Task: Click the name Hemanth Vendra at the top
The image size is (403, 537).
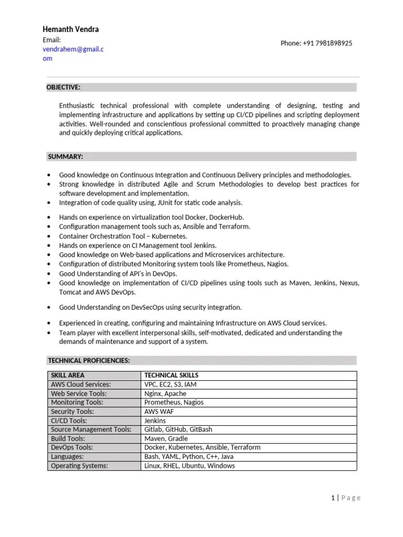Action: pyautogui.click(x=70, y=29)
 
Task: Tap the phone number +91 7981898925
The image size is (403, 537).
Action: pyautogui.click(x=316, y=43)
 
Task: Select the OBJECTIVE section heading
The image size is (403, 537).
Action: pyautogui.click(x=64, y=87)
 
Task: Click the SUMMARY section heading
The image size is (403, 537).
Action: pyautogui.click(x=66, y=156)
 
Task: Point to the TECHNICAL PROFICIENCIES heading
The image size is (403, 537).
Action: pyautogui.click(x=89, y=360)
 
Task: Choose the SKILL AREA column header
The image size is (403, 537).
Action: pyautogui.click(x=68, y=375)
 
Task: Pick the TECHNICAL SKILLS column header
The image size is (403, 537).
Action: pyautogui.click(x=171, y=375)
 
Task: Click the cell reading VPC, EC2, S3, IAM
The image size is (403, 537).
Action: pyautogui.click(x=171, y=384)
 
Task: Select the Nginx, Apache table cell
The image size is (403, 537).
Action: pyautogui.click(x=165, y=393)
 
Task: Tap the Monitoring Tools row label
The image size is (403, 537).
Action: pyautogui.click(x=77, y=402)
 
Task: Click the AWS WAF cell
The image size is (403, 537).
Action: pyautogui.click(x=160, y=412)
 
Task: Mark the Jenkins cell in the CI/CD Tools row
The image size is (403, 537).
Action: pyautogui.click(x=155, y=421)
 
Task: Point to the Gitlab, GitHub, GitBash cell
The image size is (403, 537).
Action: pyautogui.click(x=178, y=429)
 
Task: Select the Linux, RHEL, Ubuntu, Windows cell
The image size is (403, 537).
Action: pyautogui.click(x=189, y=466)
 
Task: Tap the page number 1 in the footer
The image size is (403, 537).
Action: pyautogui.click(x=333, y=498)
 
